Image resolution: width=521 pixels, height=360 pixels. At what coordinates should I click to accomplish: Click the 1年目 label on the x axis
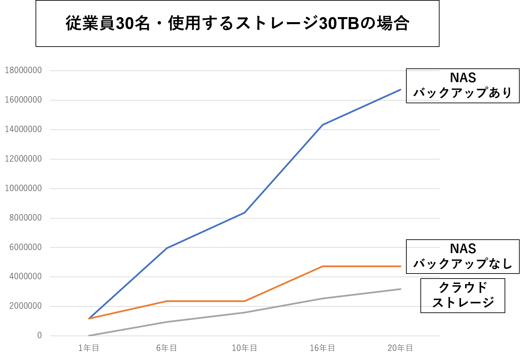coord(89,348)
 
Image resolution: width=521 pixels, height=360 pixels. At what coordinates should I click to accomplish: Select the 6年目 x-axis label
coord(167,348)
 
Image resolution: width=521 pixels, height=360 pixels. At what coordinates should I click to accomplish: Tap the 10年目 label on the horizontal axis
coord(244,348)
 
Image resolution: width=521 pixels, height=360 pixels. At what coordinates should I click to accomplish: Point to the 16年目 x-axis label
coord(322,348)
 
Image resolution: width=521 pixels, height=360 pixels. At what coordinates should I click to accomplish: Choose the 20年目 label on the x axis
coord(400,348)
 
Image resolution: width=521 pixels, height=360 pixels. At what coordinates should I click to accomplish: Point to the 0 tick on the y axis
coord(40,336)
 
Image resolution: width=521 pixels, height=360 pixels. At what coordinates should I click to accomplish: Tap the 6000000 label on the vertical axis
coord(25,247)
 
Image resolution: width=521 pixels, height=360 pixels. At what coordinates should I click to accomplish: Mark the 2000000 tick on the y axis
coord(25,306)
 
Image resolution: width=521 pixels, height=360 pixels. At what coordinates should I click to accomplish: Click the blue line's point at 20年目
coord(401,89)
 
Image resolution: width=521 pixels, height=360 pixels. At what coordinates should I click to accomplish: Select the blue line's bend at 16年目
coord(323,125)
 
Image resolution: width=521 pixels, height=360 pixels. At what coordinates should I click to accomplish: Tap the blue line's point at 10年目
coord(245,213)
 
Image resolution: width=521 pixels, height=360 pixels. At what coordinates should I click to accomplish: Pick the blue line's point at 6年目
coord(167,248)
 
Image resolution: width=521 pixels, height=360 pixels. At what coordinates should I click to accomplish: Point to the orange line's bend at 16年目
coord(323,266)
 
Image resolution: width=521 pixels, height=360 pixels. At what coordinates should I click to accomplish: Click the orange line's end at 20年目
coord(401,266)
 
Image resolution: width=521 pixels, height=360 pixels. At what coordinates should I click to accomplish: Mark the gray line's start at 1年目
coord(89,336)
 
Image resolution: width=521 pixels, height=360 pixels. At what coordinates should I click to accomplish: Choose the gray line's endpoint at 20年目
coord(401,289)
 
